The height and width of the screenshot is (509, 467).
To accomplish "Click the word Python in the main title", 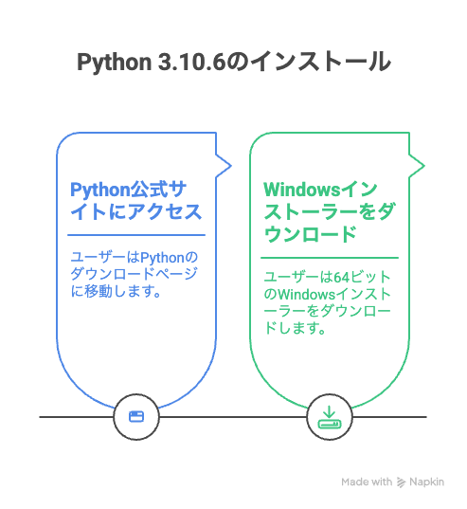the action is point(115,62).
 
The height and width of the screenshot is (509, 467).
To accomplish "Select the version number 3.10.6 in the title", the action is point(191,62).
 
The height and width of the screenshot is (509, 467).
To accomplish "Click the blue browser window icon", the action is point(136,416).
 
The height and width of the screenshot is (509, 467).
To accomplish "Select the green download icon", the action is point(329,417).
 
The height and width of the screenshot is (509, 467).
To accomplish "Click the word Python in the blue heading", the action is point(99,191).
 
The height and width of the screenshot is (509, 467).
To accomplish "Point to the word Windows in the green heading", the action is point(301,190).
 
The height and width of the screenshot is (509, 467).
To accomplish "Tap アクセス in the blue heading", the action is point(165,212).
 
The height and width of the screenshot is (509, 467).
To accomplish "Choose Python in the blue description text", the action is point(162,259).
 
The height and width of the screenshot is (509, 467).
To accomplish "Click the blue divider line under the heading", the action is point(136,235).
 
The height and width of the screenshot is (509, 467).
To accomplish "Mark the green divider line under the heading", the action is point(330,258).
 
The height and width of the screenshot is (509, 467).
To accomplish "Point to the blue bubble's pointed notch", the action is point(230,166).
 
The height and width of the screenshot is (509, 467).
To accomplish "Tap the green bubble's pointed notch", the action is point(423,166).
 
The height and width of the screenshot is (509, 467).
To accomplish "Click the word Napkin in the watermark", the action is point(426,482).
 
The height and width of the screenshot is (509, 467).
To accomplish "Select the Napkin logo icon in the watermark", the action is point(401,482).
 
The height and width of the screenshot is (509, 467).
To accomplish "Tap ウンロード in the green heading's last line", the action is point(311,234).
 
